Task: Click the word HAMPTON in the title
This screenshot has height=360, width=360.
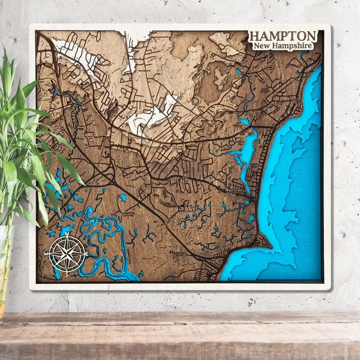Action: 283,36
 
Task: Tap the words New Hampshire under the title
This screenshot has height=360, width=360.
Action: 283,46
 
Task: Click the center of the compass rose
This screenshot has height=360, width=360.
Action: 67,254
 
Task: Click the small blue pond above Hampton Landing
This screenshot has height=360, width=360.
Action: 122,196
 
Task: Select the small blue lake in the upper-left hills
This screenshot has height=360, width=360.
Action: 55,92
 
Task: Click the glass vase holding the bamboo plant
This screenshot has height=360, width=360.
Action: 5,264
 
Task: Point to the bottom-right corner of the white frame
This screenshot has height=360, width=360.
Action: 329,289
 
